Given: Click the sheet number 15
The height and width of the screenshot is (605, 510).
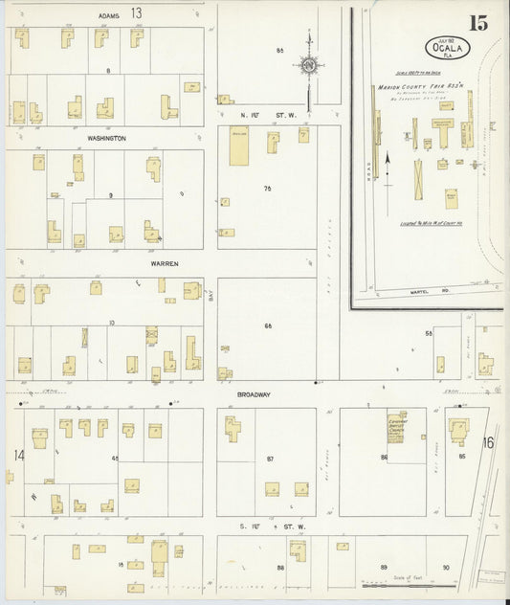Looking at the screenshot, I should [477, 23].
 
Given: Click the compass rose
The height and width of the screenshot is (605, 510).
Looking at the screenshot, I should [309, 65].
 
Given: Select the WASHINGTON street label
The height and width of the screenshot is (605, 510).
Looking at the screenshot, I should [105, 139].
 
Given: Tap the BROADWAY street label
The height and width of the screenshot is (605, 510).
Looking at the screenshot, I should [254, 393].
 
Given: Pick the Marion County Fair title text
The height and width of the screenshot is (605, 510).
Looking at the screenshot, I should [420, 88].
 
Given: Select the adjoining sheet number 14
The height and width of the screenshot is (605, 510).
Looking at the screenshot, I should [18, 455].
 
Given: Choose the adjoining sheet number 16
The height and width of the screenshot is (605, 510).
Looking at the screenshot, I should [488, 441].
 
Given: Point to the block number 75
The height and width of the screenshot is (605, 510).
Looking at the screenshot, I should [268, 189].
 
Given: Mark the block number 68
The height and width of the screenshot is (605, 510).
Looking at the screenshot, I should [268, 325].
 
